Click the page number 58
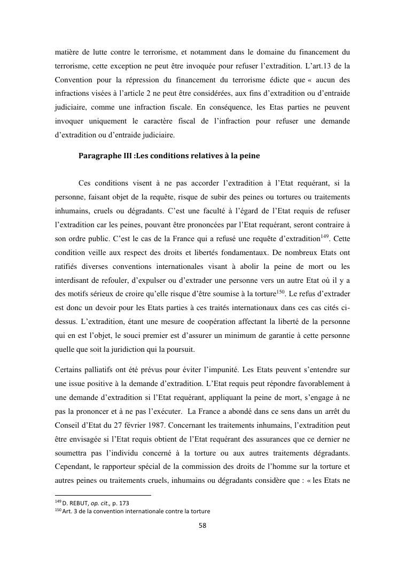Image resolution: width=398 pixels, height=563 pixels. point(202,525)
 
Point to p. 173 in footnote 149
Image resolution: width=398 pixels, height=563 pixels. point(120,503)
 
